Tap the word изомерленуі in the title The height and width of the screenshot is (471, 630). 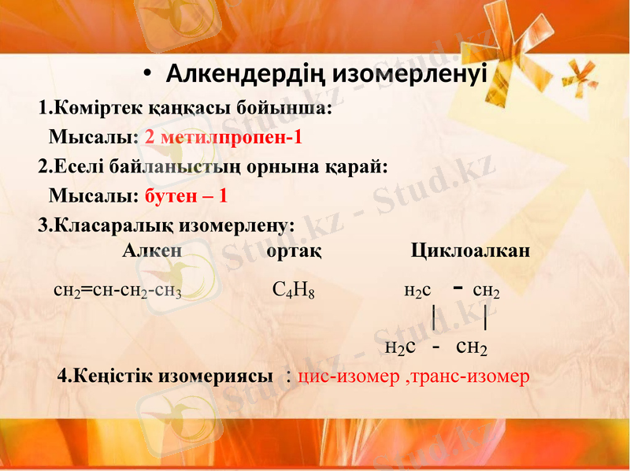pyautogui.click(x=409, y=75)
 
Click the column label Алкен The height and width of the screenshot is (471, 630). pyautogui.click(x=153, y=251)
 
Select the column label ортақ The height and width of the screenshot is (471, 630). pyautogui.click(x=294, y=251)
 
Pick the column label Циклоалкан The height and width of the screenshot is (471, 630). pyautogui.click(x=470, y=251)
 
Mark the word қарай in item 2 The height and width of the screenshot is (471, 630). pyautogui.click(x=356, y=166)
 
